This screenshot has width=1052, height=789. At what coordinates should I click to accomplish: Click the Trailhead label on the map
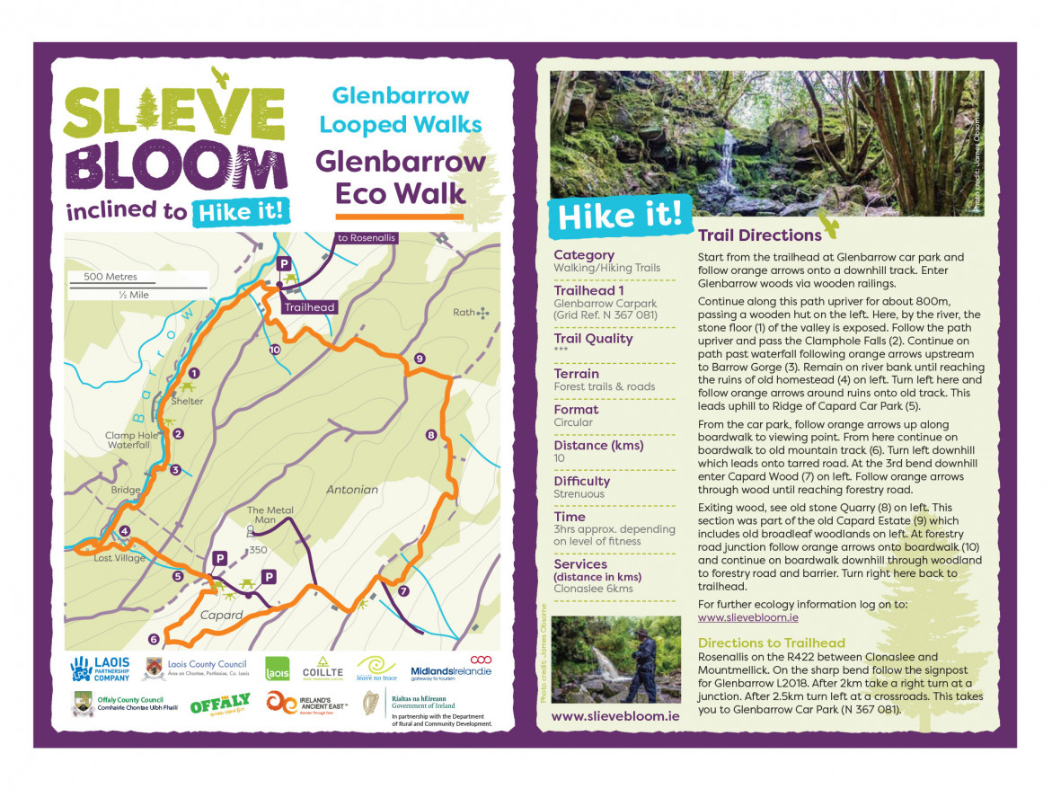pyautogui.click(x=309, y=307)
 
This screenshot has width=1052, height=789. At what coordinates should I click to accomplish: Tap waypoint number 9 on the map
pyautogui.click(x=419, y=359)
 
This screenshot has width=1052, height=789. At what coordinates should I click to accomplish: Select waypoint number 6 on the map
pyautogui.click(x=154, y=639)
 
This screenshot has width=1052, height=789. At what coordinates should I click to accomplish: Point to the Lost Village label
pyautogui.click(x=119, y=558)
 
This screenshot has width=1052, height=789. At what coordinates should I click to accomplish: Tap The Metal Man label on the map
pyautogui.click(x=270, y=516)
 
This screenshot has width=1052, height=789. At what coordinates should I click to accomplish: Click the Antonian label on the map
pyautogui.click(x=352, y=490)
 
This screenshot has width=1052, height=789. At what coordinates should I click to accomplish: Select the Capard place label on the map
pyautogui.click(x=222, y=616)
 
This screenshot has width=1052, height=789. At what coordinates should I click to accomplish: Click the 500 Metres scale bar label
pyautogui.click(x=111, y=277)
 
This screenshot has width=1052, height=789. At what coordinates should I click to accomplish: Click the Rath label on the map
pyautogui.click(x=464, y=313)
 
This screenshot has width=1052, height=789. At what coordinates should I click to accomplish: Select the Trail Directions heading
pyautogui.click(x=759, y=235)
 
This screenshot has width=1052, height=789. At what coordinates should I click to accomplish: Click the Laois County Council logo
pyautogui.click(x=194, y=669)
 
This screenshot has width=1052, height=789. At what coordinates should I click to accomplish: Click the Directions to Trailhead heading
pyautogui.click(x=771, y=643)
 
